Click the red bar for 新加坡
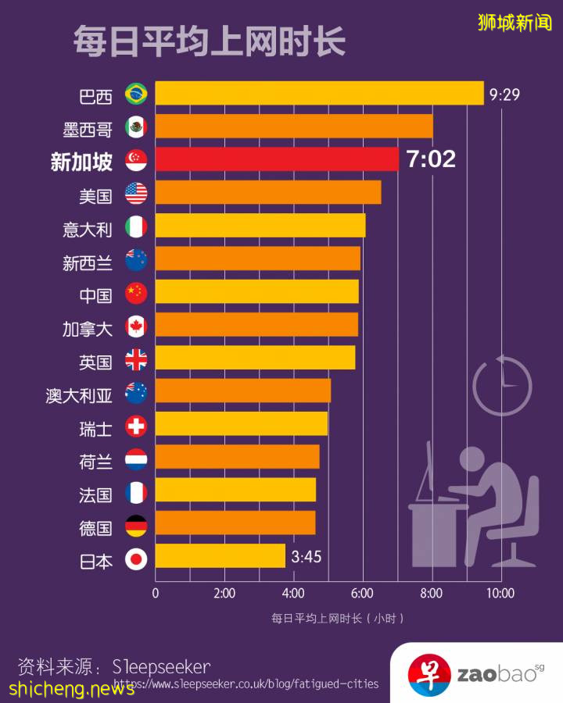[x=277, y=159]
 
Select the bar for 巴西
[x=319, y=93]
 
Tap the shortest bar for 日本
[x=220, y=556]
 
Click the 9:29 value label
[x=504, y=95]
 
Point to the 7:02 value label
[x=431, y=159]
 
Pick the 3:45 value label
[x=306, y=557]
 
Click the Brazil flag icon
[x=136, y=94]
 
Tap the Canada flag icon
[x=136, y=326]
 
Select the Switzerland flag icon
[x=136, y=426]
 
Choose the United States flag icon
[x=136, y=193]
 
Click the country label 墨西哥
[x=88, y=128]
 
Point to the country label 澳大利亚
[x=79, y=395]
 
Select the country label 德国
[x=95, y=528]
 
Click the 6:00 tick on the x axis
[x=362, y=594]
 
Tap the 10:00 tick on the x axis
[x=500, y=594]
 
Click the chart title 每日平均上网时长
[x=209, y=41]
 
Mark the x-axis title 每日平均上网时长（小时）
[x=338, y=619]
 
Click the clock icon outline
[x=502, y=386]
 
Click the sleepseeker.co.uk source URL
[x=246, y=684]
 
